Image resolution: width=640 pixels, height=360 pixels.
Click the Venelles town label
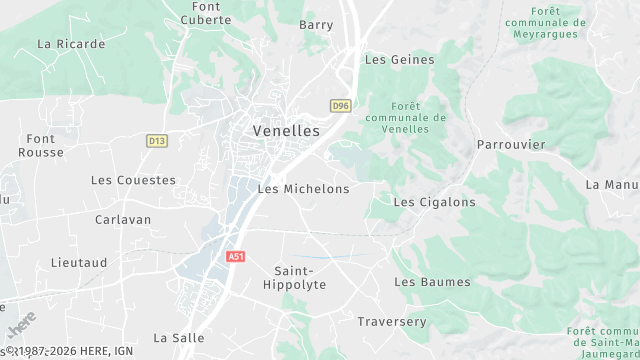pyautogui.click(x=286, y=131)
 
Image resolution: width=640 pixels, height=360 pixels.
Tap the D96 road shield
pyautogui.click(x=341, y=105)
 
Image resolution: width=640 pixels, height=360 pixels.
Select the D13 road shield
pyautogui.click(x=156, y=141)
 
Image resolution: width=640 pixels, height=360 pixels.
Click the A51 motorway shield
pyautogui.click(x=235, y=256)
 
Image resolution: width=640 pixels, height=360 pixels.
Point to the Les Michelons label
pyautogui.click(x=304, y=189)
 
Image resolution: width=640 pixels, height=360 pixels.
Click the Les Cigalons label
pyautogui.click(x=434, y=202)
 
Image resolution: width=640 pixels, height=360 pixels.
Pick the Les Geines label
pyautogui.click(x=400, y=60)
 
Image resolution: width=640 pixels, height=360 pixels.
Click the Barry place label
pyautogui.click(x=316, y=25)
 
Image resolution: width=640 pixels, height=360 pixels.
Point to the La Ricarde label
pyautogui.click(x=71, y=44)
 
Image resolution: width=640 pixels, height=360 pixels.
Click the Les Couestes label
pyautogui.click(x=133, y=181)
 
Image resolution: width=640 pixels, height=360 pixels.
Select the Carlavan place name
pyautogui.click(x=123, y=219)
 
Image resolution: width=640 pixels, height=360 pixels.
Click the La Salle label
pyautogui.click(x=179, y=338)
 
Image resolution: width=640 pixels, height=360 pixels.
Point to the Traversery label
pyautogui.click(x=392, y=322)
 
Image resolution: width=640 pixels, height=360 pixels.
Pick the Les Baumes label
pyautogui.click(x=432, y=282)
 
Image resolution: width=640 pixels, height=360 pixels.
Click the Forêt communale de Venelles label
pyautogui.click(x=418, y=117)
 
